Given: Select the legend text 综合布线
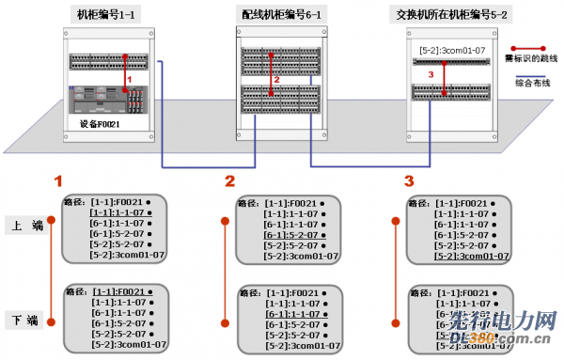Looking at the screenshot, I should tap(530, 82).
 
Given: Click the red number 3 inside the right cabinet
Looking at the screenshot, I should tap(431, 73).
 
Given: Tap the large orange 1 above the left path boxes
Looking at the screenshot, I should tap(59, 180).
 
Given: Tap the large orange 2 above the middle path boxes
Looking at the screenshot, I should tap(229, 180).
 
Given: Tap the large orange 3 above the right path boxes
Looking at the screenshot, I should tap(408, 180).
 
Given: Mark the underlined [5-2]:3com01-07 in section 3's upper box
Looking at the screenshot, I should tap(470, 254).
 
